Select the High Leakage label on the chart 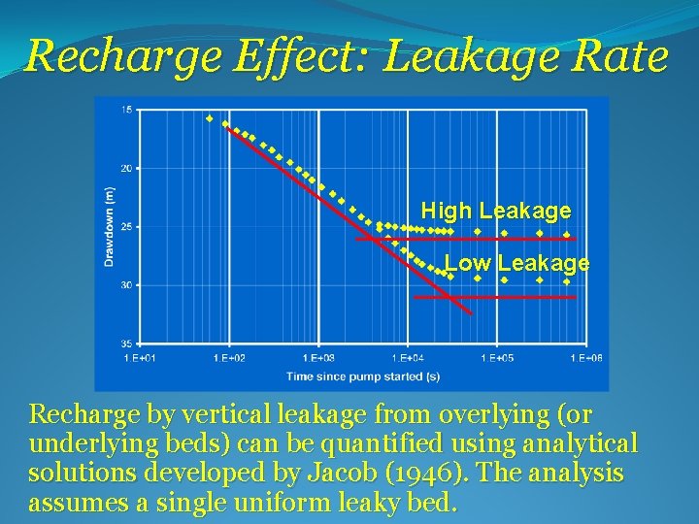pos(495,211)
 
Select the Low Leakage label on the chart pos(516,263)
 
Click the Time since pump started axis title pos(362,376)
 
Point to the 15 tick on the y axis pos(127,110)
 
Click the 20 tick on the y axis pos(127,168)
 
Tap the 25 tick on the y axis pos(127,226)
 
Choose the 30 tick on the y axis pos(127,285)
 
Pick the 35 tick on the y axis pos(127,344)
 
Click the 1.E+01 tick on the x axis pos(141,358)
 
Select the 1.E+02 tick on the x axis pos(229,358)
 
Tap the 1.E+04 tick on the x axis pos(407,358)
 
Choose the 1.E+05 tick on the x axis pos(496,358)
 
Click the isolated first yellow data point pos(209,118)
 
